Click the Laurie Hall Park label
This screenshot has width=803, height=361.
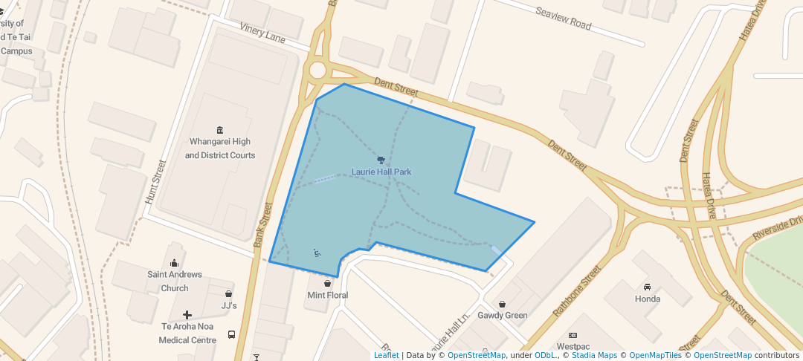(x=381, y=172)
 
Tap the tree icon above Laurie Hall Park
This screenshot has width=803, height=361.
(x=381, y=160)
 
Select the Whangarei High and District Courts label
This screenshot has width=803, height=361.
(x=219, y=149)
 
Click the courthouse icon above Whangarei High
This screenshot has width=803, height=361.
(x=219, y=130)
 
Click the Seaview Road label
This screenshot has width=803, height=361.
(x=564, y=19)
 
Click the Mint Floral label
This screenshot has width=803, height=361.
(x=327, y=296)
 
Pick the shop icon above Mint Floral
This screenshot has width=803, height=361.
(x=327, y=283)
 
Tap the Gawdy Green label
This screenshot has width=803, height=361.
(x=503, y=316)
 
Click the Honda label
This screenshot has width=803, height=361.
(x=647, y=299)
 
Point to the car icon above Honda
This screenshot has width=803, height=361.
(x=647, y=287)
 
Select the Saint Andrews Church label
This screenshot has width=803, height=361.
(x=175, y=281)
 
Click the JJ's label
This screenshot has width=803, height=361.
(x=228, y=306)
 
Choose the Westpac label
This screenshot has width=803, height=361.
(x=573, y=347)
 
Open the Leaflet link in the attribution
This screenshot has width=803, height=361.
(x=386, y=355)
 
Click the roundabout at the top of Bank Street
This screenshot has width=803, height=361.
(x=318, y=71)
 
